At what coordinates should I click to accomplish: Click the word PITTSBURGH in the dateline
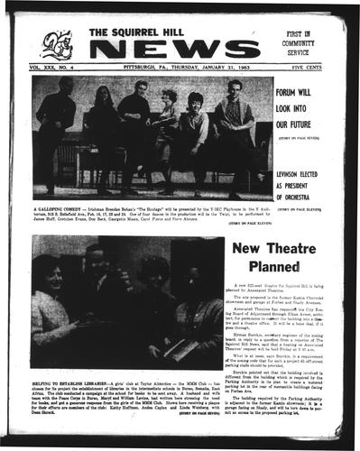(132, 66)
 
